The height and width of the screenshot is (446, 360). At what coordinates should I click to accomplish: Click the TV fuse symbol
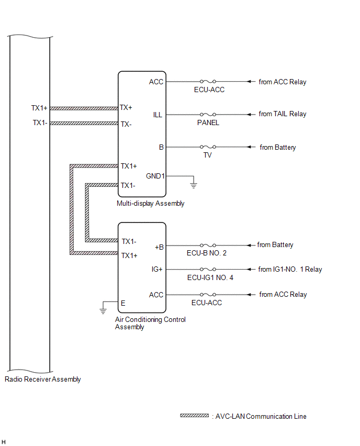tap(208, 148)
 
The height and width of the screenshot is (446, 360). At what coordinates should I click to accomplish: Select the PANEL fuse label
tap(208, 123)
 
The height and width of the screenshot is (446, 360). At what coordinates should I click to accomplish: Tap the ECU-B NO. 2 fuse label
tap(208, 253)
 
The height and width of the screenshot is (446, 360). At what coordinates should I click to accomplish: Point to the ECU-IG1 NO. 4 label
tap(209, 277)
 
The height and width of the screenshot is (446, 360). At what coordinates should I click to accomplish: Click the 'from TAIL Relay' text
tap(283, 114)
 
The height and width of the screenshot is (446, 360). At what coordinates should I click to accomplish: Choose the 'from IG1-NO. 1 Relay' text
tap(290, 270)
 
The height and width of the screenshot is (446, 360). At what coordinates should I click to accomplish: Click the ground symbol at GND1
tap(193, 184)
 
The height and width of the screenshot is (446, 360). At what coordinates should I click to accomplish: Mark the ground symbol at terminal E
tap(104, 310)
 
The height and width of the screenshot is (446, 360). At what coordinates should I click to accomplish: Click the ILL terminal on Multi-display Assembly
tap(157, 114)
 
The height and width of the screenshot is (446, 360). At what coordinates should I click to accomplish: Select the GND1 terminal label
tap(155, 176)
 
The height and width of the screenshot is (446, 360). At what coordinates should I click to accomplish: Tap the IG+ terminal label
tap(156, 270)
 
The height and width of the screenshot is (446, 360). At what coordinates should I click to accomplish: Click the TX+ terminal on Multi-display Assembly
tap(126, 108)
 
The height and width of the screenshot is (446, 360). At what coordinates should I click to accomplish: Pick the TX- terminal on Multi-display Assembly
tap(126, 124)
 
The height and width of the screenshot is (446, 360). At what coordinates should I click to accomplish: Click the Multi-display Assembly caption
tap(151, 204)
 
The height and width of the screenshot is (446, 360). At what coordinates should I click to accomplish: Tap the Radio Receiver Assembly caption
tap(42, 380)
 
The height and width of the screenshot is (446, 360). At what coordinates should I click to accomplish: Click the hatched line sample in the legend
tap(195, 416)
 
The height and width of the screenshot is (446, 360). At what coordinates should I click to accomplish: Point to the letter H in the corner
tap(4, 442)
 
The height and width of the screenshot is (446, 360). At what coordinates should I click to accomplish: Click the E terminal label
tap(123, 303)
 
